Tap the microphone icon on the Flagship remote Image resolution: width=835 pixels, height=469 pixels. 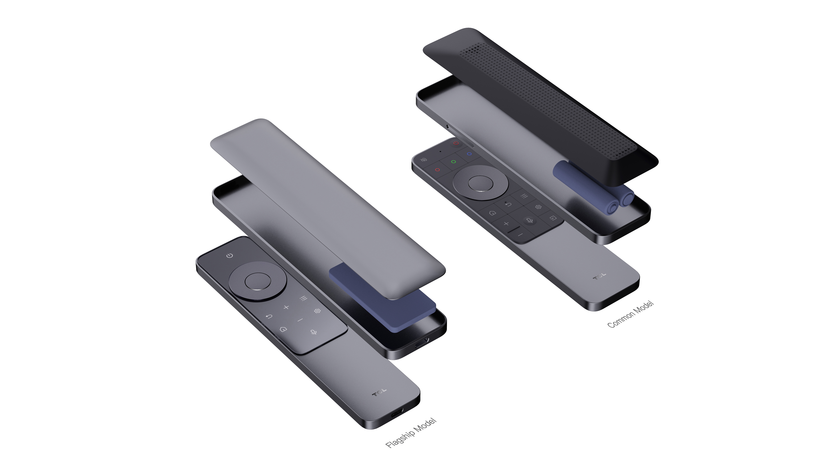[x=313, y=332]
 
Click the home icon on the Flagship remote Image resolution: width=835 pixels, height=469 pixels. [x=283, y=329]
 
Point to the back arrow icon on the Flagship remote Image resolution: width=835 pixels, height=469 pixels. [x=269, y=316]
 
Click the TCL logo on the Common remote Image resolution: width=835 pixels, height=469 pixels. [x=599, y=276]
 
